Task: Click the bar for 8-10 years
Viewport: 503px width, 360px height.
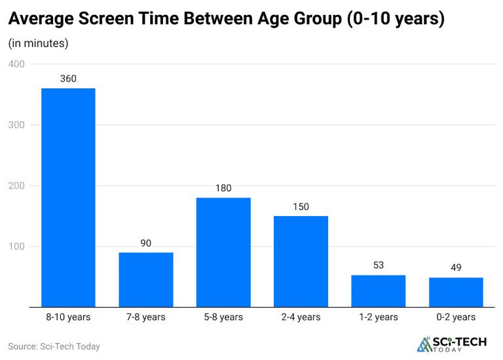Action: click(x=68, y=197)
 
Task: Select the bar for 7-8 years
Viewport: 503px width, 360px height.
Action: click(x=145, y=279)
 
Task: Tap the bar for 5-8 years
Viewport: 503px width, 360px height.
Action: click(x=223, y=252)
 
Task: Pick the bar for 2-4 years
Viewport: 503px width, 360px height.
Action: click(x=301, y=261)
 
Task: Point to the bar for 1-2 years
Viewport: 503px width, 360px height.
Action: click(x=379, y=291)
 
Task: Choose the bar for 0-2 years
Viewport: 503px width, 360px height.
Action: click(x=456, y=292)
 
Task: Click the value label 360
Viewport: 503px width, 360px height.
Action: click(x=68, y=79)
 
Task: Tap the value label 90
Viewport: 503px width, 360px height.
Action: click(x=145, y=243)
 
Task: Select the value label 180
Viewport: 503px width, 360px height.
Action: click(x=223, y=189)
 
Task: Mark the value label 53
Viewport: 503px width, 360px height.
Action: click(x=379, y=265)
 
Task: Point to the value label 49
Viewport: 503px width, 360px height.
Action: click(x=456, y=268)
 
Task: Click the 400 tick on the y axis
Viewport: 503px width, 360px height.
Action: click(x=16, y=64)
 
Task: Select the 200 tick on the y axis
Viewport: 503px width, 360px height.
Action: click(x=16, y=186)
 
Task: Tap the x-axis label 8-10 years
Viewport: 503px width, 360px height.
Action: click(x=68, y=317)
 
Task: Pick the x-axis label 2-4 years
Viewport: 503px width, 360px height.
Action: click(x=301, y=317)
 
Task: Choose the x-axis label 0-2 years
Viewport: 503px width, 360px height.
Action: click(x=456, y=317)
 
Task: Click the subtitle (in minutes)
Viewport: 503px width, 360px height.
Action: click(x=38, y=44)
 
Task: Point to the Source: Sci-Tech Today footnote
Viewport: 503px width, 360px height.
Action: click(x=54, y=346)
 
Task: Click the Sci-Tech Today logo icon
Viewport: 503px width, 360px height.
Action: click(x=424, y=344)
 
